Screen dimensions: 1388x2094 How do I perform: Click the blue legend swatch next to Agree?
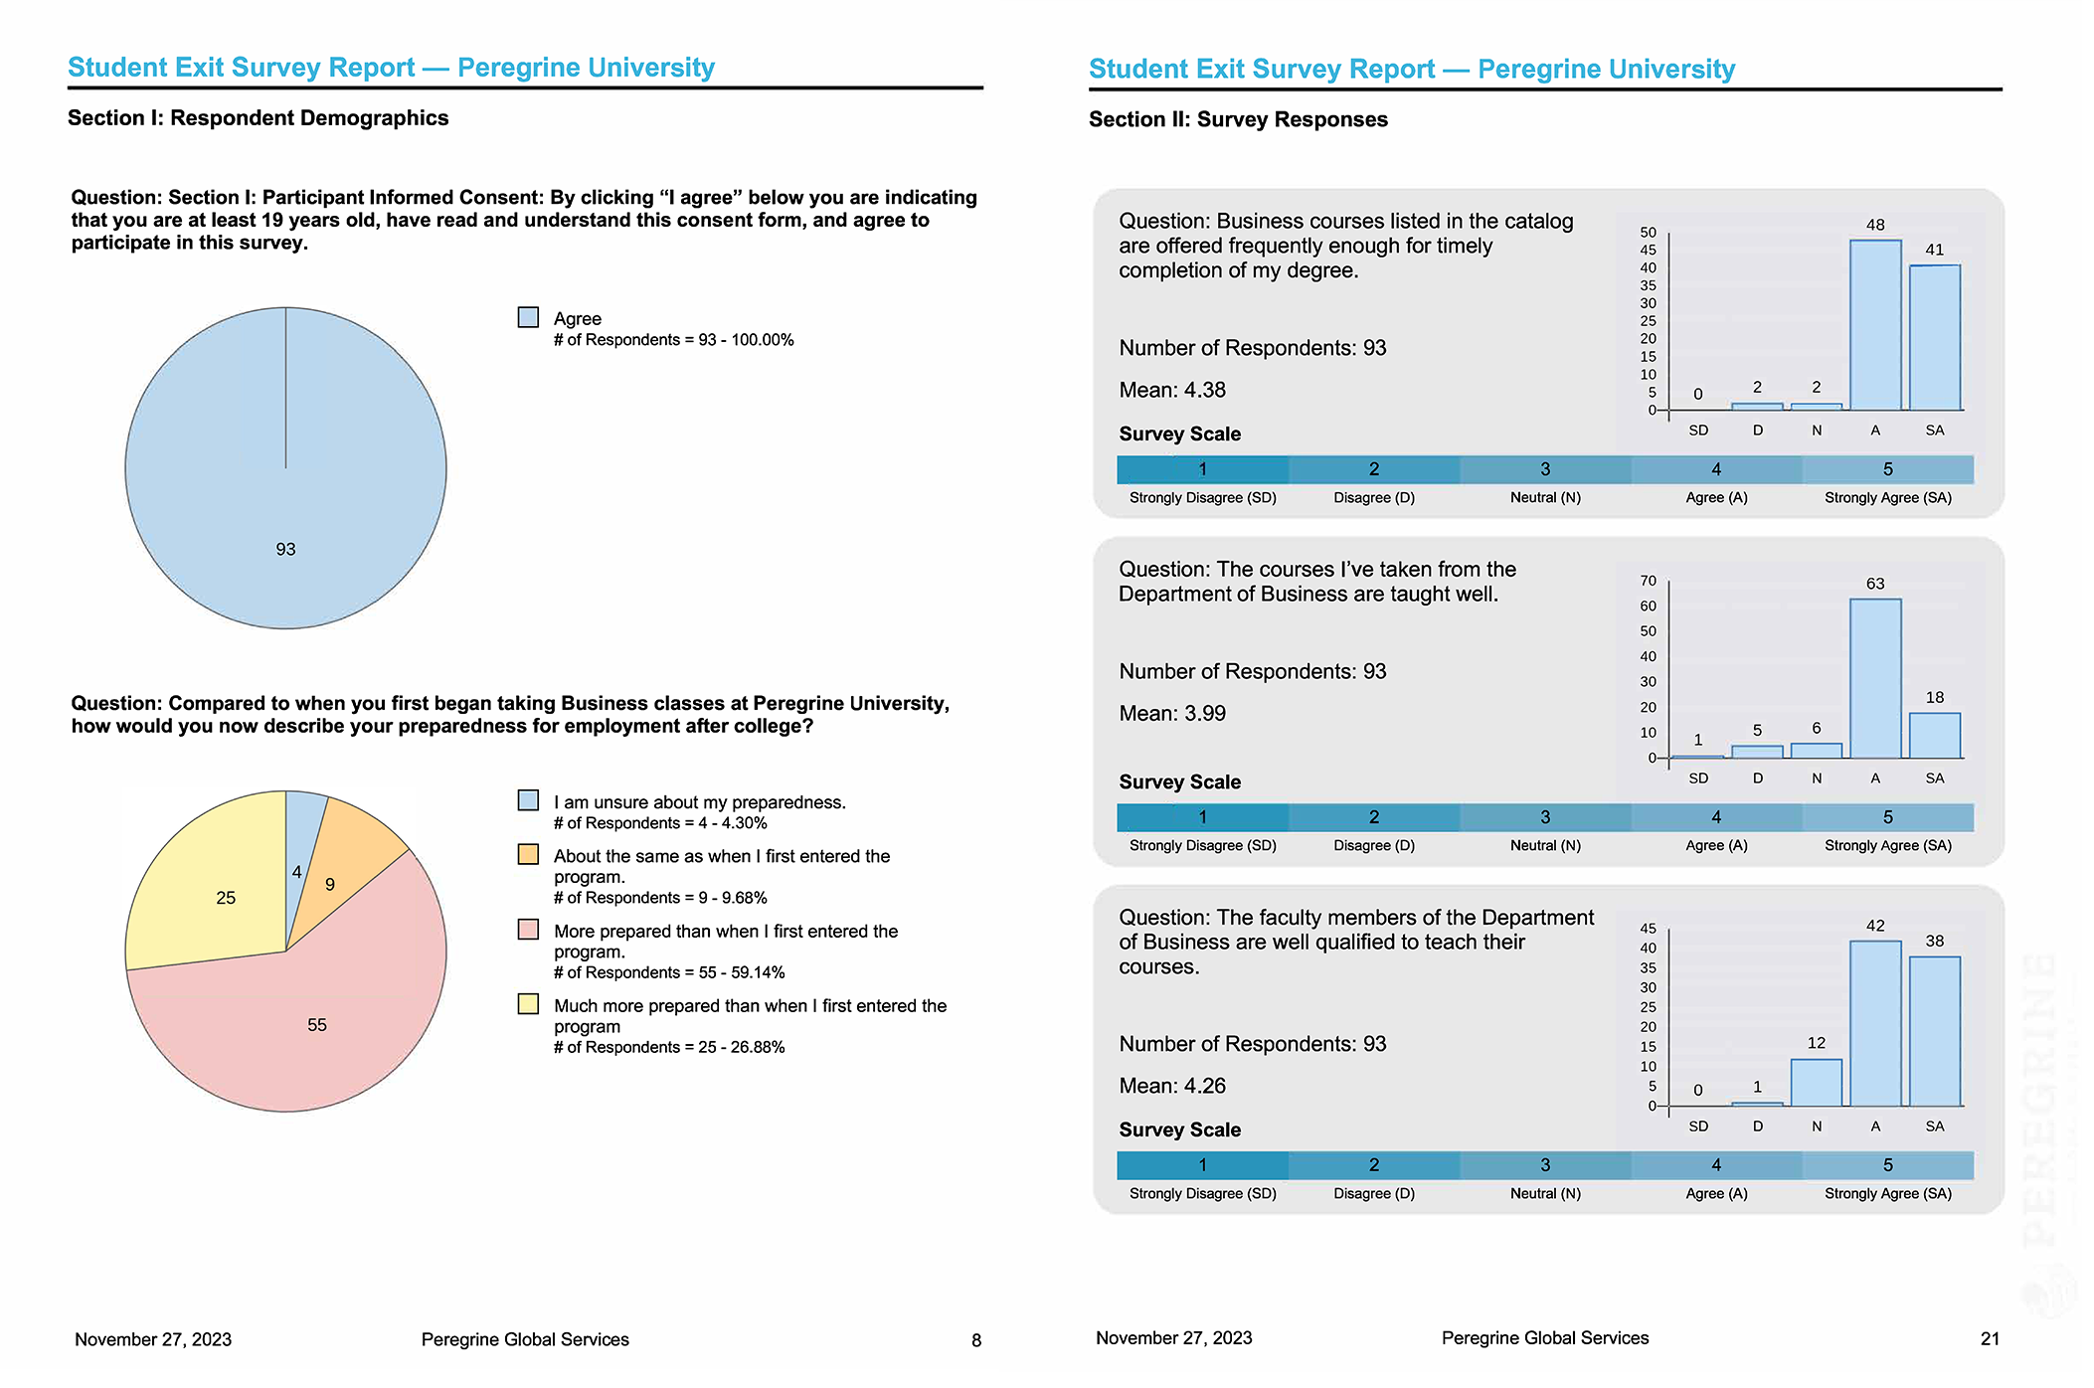click(528, 317)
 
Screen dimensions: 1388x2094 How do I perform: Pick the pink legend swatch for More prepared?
click(528, 930)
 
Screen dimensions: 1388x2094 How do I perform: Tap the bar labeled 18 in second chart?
click(1934, 736)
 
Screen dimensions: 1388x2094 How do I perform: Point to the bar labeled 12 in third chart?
click(1816, 1083)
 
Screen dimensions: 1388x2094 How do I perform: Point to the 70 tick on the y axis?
click(1648, 581)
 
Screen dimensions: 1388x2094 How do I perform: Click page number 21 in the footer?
click(1989, 1339)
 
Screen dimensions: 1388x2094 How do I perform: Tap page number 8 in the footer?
click(975, 1340)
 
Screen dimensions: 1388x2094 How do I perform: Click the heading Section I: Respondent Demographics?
click(258, 118)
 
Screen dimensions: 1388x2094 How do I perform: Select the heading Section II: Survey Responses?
click(1237, 120)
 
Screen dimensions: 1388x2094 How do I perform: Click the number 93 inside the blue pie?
click(285, 549)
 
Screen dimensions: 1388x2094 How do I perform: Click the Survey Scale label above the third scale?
click(1179, 1130)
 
